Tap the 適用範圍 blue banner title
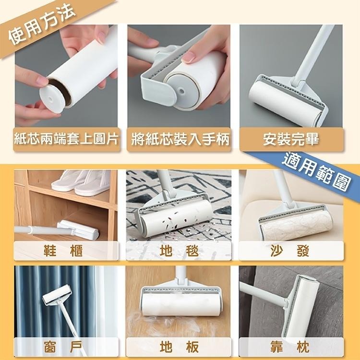pyautogui.click(x=314, y=170)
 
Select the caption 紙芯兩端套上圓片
pyautogui.click(x=66, y=140)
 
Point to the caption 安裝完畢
pyautogui.click(x=291, y=140)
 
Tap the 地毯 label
pyautogui.click(x=179, y=250)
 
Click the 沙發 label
pyautogui.click(x=291, y=250)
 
